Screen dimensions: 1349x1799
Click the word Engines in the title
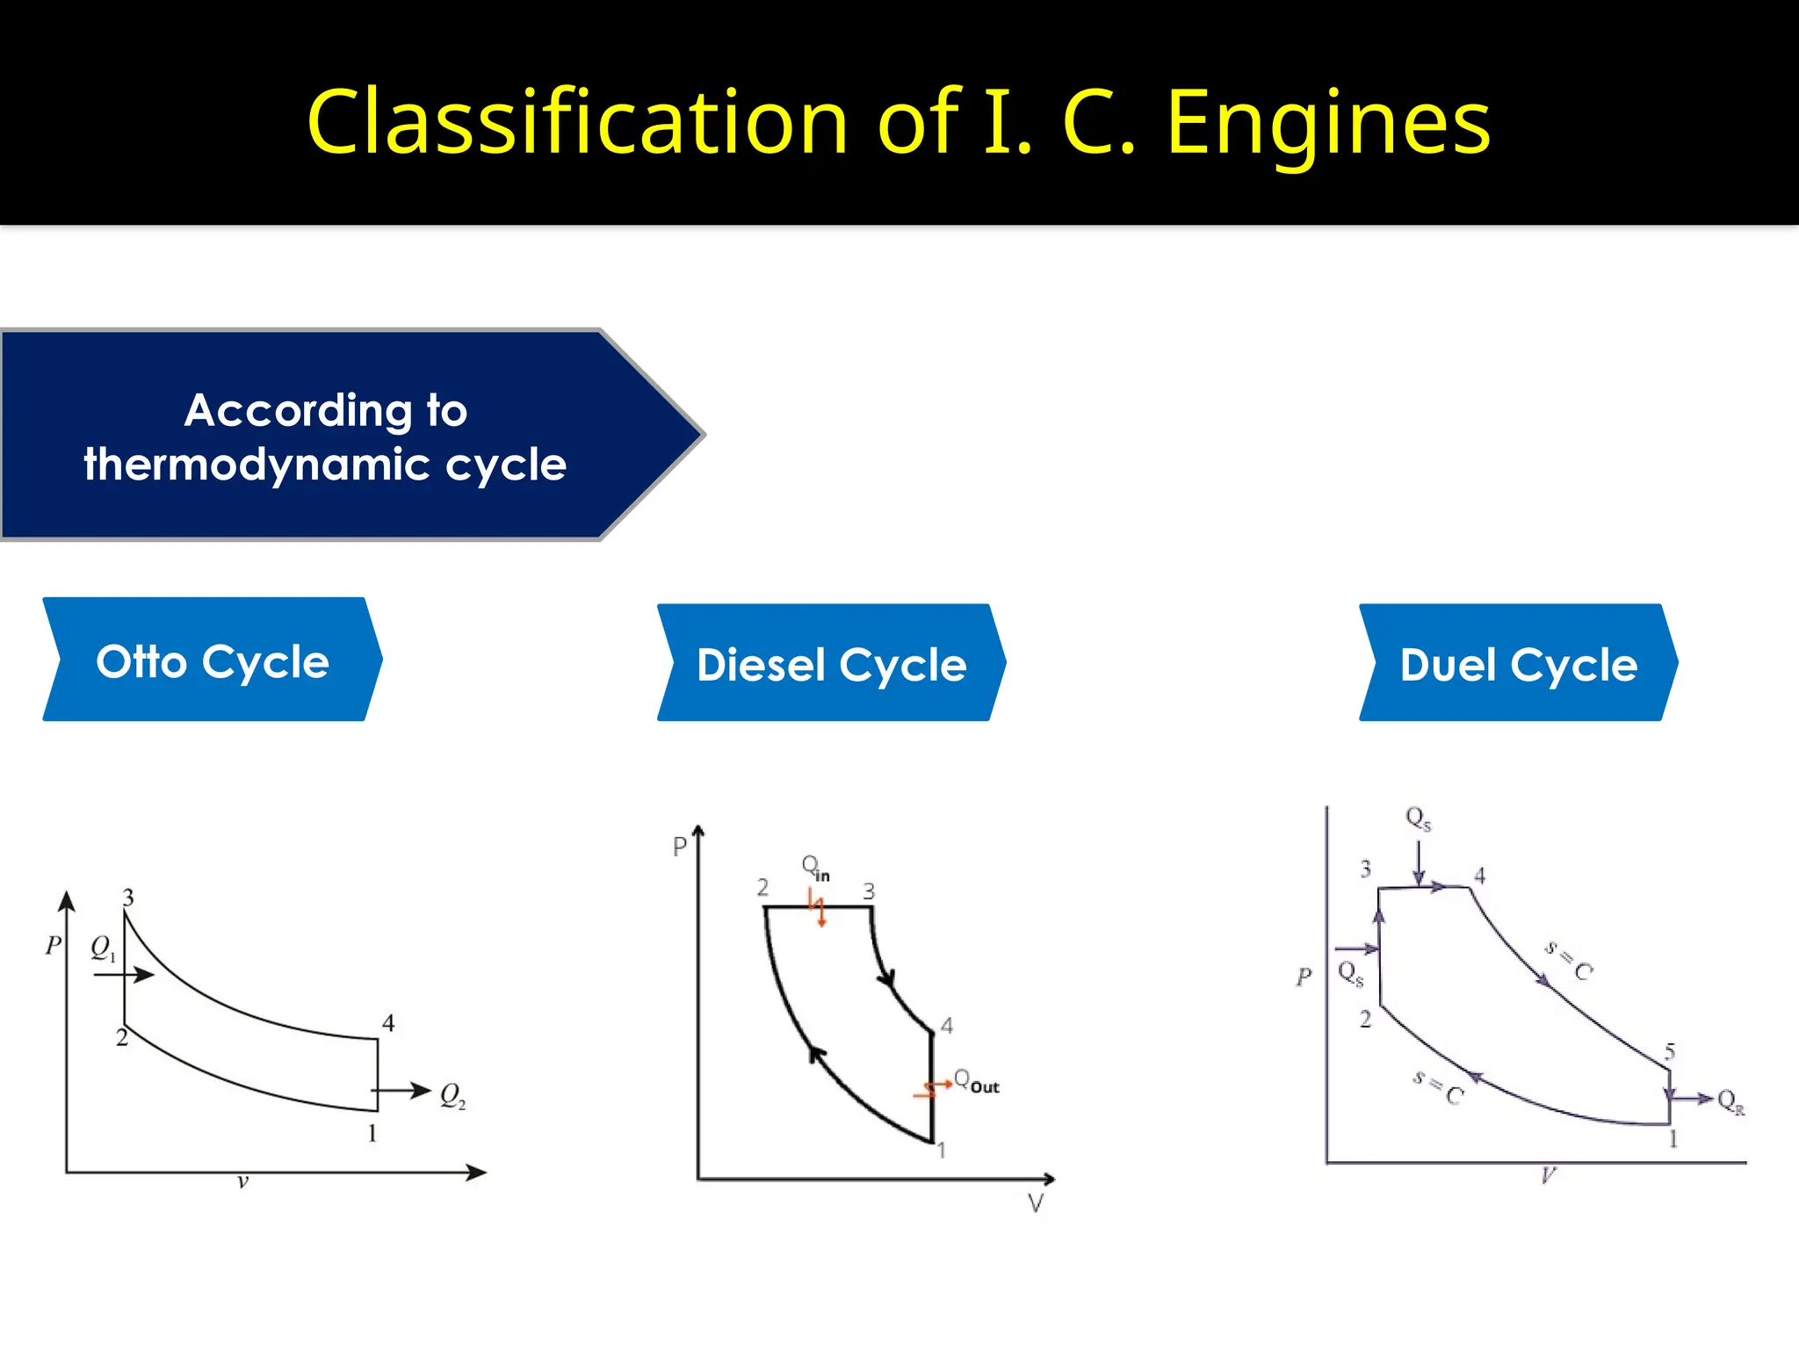[1328, 123]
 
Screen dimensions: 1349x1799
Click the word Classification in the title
[576, 123]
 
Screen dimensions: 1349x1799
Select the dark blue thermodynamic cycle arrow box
[325, 436]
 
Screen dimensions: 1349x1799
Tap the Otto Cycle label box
[213, 660]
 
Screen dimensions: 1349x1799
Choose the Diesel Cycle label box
[831, 664]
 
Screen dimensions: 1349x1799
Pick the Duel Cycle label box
[1518, 664]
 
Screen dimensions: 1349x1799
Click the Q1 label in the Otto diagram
[103, 949]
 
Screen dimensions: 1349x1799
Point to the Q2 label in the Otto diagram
[452, 1095]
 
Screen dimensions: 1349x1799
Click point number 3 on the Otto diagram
[128, 898]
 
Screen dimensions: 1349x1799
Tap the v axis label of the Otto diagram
[243, 1182]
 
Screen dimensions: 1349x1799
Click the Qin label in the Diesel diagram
[814, 868]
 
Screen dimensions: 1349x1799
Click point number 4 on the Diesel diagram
[947, 1025]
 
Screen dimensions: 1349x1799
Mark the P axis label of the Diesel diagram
[679, 848]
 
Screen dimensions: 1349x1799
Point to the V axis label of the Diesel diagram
[1036, 1203]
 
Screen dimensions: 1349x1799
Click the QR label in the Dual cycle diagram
[1730, 1101]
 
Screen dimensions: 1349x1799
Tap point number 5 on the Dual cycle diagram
[1670, 1051]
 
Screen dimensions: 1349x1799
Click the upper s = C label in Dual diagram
[1569, 960]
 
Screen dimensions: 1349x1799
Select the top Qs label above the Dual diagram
[1418, 819]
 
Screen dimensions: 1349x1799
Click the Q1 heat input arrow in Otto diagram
[136, 975]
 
